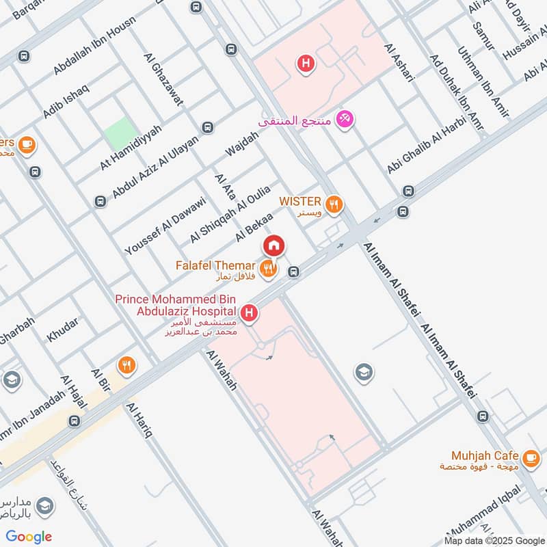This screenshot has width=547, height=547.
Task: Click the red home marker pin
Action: coord(273,245)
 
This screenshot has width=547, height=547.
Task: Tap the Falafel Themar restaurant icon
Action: coord(268,267)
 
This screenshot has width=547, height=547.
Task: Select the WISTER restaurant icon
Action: coord(334,202)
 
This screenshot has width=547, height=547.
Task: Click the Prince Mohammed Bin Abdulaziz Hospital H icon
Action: coord(251,313)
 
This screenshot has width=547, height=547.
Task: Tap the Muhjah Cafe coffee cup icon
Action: coord(529,456)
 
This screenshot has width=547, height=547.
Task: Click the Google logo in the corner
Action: coord(29,536)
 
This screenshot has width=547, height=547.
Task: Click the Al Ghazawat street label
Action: coord(163,80)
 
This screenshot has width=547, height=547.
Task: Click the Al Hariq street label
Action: coord(138,421)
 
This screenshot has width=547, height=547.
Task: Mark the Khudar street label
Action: coord(62,330)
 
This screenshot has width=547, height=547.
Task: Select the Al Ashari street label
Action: coord(400,64)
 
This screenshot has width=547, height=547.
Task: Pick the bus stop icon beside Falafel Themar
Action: coord(293,271)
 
